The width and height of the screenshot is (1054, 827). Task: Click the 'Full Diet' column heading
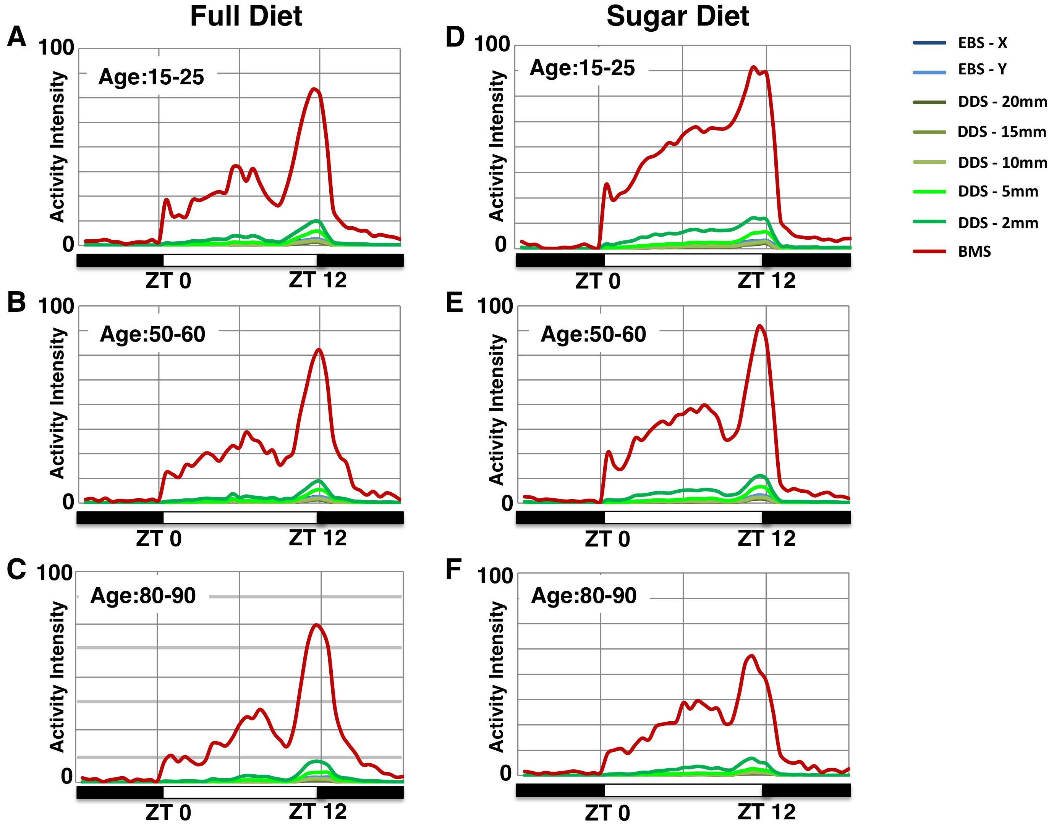tap(246, 16)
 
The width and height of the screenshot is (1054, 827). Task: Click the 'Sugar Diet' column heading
tap(677, 16)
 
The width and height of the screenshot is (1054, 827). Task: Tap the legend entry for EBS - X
tap(982, 43)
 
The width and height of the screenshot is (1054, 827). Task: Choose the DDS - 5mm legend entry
tap(998, 192)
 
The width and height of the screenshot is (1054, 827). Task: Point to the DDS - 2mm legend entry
tap(998, 223)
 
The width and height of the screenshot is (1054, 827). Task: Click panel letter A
tap(16, 37)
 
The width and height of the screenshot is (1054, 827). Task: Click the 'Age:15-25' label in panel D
tap(582, 68)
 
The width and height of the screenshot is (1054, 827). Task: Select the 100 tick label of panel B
tap(55, 306)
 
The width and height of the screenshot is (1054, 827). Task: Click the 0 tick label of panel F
tap(505, 774)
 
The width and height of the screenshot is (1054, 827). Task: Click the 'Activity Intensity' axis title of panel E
tap(496, 409)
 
